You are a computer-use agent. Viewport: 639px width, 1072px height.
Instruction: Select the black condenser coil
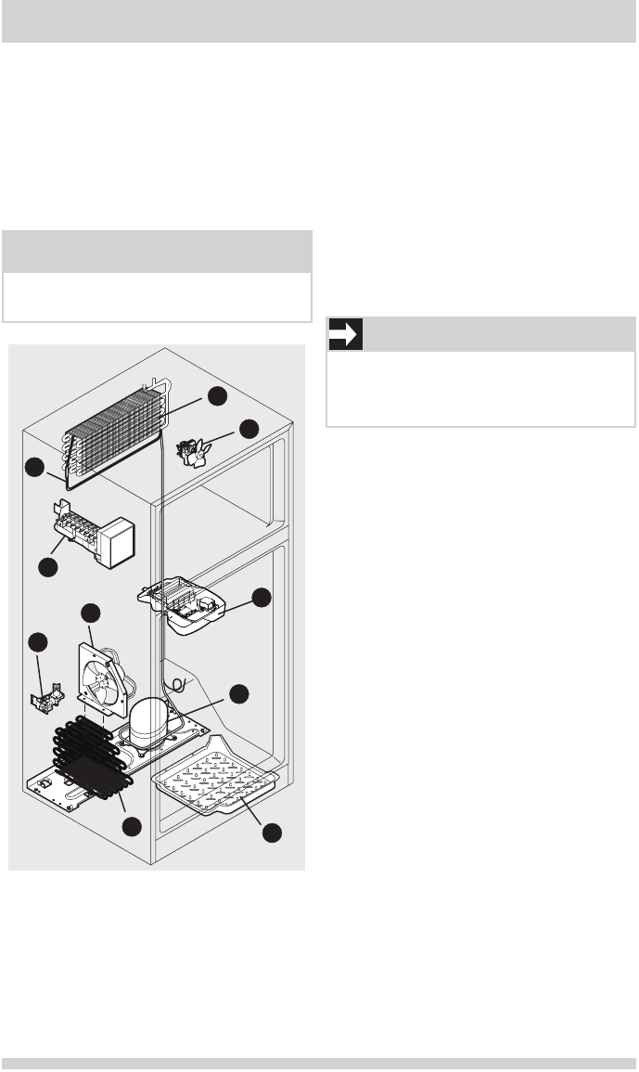(93, 761)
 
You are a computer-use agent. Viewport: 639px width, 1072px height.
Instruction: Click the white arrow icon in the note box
(345, 335)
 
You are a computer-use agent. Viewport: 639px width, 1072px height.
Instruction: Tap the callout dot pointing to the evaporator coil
(217, 395)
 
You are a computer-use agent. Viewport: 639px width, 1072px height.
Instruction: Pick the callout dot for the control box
(262, 598)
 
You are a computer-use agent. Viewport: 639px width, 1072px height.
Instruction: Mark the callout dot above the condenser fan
(90, 613)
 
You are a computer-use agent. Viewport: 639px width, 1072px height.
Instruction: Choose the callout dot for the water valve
(37, 640)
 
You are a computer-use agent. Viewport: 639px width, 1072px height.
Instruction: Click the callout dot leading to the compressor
(240, 692)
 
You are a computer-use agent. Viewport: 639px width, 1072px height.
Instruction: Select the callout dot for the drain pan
(271, 833)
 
